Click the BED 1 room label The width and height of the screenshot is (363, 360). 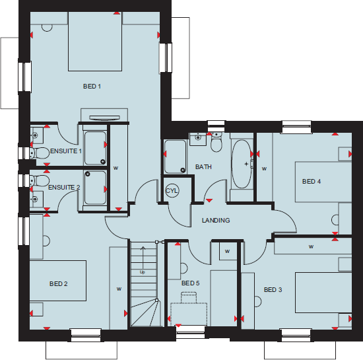(92, 87)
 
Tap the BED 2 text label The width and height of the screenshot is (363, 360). (59, 284)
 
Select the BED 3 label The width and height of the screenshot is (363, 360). (273, 290)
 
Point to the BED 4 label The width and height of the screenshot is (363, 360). (312, 182)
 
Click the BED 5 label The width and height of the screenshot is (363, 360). (190, 283)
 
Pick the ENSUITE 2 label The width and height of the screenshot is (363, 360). (64, 188)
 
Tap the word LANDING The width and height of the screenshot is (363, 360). (216, 221)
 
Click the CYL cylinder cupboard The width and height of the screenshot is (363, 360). (172, 192)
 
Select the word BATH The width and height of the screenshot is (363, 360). (204, 167)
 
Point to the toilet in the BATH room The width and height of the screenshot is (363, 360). (217, 144)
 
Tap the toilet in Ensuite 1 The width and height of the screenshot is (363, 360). (41, 153)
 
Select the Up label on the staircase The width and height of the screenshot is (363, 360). (142, 271)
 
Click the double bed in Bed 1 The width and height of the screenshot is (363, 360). (95, 41)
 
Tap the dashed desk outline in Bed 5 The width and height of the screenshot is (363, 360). (190, 312)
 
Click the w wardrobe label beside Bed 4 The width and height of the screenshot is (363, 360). (264, 169)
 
